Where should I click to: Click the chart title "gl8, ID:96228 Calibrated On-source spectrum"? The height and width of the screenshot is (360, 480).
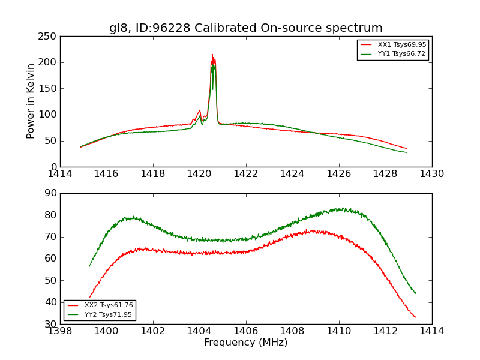click(x=245, y=28)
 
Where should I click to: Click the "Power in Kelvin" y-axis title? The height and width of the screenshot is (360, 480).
click(x=31, y=101)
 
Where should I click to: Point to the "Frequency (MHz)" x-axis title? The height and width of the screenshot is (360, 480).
click(x=245, y=343)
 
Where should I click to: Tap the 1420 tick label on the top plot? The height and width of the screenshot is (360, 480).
click(x=199, y=174)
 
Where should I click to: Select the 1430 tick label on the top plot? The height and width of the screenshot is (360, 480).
click(x=431, y=174)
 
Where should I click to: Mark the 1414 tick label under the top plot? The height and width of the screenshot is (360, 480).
click(x=61, y=174)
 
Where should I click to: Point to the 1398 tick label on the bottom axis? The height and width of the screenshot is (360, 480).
click(x=61, y=331)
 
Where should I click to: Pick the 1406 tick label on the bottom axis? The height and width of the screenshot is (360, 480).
click(x=246, y=331)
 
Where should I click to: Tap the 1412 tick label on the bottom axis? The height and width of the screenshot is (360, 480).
click(x=385, y=331)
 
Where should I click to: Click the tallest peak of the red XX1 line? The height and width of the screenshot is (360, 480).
click(x=212, y=55)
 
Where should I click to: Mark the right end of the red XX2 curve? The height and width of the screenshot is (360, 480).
click(x=415, y=317)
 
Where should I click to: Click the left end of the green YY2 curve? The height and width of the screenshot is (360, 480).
click(x=89, y=266)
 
